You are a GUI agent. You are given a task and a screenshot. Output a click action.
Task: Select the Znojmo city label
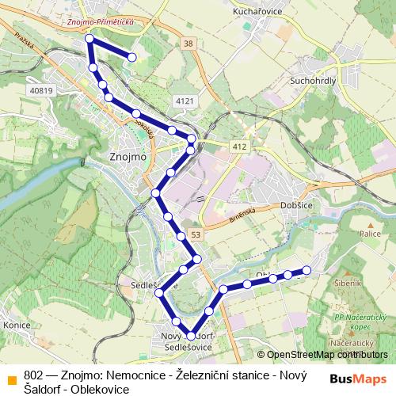pyautogui.click(x=125, y=157)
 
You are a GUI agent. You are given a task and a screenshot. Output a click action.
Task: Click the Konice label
pyautogui.click(x=17, y=325)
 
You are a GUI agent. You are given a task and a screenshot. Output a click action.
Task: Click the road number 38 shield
pyautogui.click(x=188, y=44)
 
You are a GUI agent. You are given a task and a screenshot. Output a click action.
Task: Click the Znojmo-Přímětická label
pyautogui.click(x=100, y=23)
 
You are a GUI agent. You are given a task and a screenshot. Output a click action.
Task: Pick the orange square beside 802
pyautogui.click(x=11, y=379)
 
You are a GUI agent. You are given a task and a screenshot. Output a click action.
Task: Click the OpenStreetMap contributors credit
pyautogui.click(x=325, y=355)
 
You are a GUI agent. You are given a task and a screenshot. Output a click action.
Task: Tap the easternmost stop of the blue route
pyautogui.click(x=307, y=271)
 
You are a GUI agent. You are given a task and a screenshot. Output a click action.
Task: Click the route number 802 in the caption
pyautogui.click(x=34, y=375)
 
